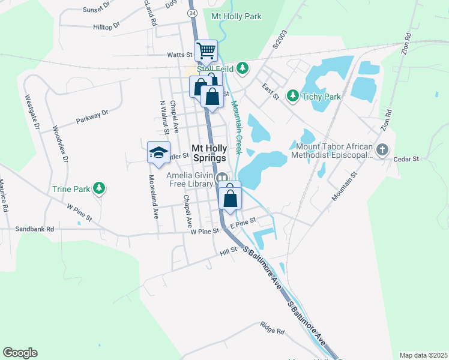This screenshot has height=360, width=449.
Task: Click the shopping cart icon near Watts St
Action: (206, 50)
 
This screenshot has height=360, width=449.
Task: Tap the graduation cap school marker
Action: (158, 152)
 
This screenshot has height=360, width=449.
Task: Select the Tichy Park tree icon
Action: (292, 96)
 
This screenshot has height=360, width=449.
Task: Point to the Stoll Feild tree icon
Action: (243, 68)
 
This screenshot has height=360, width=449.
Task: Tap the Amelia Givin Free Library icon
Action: (221, 178)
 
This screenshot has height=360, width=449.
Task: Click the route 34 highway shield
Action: (192, 13)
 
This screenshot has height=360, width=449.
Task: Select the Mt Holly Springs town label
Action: (209, 153)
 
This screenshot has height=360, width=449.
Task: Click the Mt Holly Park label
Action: (236, 16)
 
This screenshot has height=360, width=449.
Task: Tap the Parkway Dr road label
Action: (92, 117)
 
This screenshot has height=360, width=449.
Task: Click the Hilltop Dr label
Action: (107, 26)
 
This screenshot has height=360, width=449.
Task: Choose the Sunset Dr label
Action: (97, 9)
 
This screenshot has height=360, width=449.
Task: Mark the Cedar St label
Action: (406, 160)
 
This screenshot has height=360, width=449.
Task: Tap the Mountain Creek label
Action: (237, 127)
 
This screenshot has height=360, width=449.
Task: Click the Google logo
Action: (20, 353)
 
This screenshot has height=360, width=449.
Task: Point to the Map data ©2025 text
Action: (423, 355)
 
